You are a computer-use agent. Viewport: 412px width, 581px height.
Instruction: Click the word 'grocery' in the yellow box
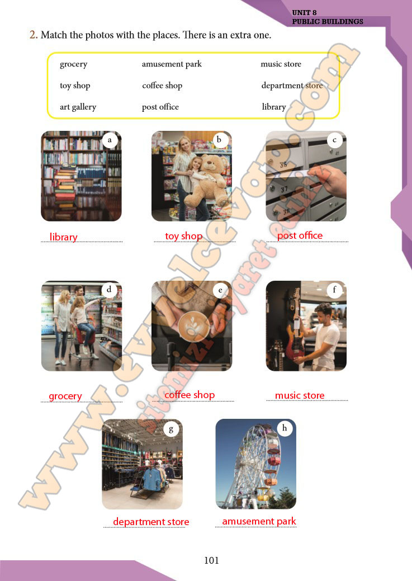(73, 64)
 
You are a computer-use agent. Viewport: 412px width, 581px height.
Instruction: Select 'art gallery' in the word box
(78, 107)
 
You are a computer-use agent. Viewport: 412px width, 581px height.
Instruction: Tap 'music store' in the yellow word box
(281, 64)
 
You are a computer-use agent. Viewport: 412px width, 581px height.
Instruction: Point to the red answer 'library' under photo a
(63, 237)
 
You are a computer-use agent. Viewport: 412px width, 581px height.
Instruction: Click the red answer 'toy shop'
(184, 236)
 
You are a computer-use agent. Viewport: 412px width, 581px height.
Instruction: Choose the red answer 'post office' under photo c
(300, 235)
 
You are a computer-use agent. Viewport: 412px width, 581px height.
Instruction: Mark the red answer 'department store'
(151, 522)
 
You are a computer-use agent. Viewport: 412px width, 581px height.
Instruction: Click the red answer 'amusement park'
(259, 521)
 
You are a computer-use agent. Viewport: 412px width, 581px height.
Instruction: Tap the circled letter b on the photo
(219, 140)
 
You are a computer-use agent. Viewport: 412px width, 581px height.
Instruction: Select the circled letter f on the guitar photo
(334, 290)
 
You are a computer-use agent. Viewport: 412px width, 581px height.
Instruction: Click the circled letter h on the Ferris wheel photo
(285, 428)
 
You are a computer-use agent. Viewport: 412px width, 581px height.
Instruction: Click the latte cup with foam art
(194, 326)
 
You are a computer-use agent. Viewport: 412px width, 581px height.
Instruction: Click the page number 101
(211, 560)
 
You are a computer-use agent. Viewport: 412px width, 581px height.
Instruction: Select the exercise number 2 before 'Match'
(34, 35)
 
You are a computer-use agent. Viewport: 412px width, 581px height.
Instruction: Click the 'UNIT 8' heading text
(304, 13)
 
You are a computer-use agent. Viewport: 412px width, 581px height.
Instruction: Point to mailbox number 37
(284, 190)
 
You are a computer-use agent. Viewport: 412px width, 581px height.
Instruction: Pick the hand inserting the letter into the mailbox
(329, 180)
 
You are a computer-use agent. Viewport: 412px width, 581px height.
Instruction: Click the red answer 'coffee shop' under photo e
(190, 395)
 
